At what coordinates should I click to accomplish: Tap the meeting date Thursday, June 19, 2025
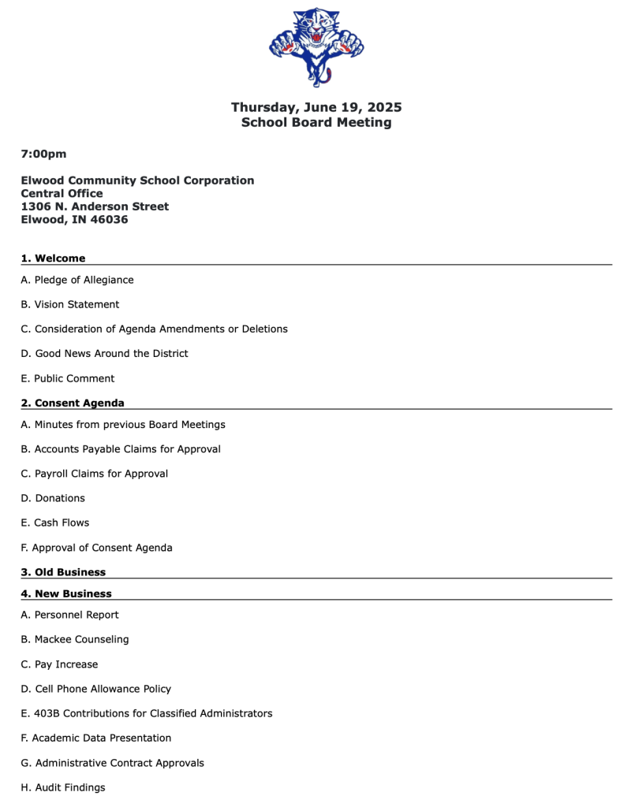tap(316, 107)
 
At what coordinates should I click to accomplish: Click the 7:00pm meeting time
tap(43, 154)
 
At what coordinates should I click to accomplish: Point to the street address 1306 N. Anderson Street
tap(95, 206)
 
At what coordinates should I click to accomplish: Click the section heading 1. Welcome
tap(53, 258)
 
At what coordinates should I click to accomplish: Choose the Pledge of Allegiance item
tap(77, 280)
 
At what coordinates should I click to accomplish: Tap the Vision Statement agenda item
tap(70, 304)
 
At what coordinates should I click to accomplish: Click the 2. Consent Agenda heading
tap(73, 403)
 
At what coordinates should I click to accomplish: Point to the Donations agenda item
tap(53, 498)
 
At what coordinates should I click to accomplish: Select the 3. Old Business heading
tap(63, 572)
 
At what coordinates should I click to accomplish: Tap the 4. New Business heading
tap(66, 593)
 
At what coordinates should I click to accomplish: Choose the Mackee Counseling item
tap(75, 639)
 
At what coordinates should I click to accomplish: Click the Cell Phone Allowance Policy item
tap(96, 689)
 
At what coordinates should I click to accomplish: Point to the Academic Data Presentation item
tap(96, 738)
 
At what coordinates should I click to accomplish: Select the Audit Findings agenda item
tap(63, 787)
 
